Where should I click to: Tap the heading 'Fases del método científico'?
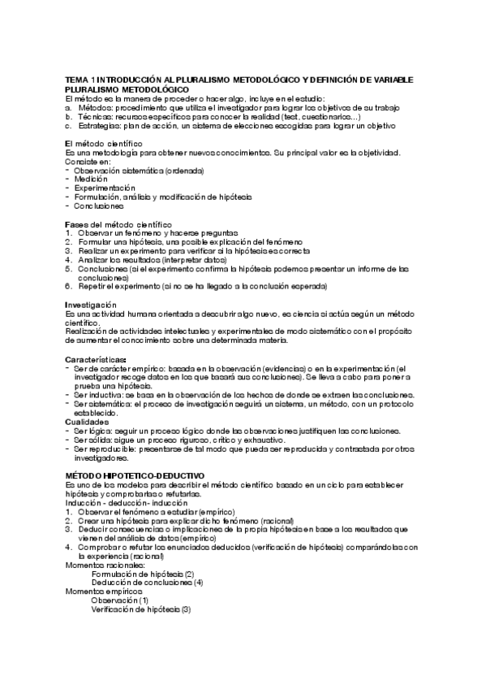118,223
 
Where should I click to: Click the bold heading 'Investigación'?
92,304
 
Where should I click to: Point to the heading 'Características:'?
96,358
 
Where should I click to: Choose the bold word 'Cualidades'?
88,421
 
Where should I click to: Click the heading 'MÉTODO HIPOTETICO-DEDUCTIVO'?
135,474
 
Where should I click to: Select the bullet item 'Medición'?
90,179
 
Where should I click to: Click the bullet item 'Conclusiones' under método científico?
101,206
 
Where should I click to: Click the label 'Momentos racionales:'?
101,565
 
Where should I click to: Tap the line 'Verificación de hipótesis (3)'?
140,609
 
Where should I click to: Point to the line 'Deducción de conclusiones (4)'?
147,583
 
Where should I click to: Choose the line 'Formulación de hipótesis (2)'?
142,574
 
